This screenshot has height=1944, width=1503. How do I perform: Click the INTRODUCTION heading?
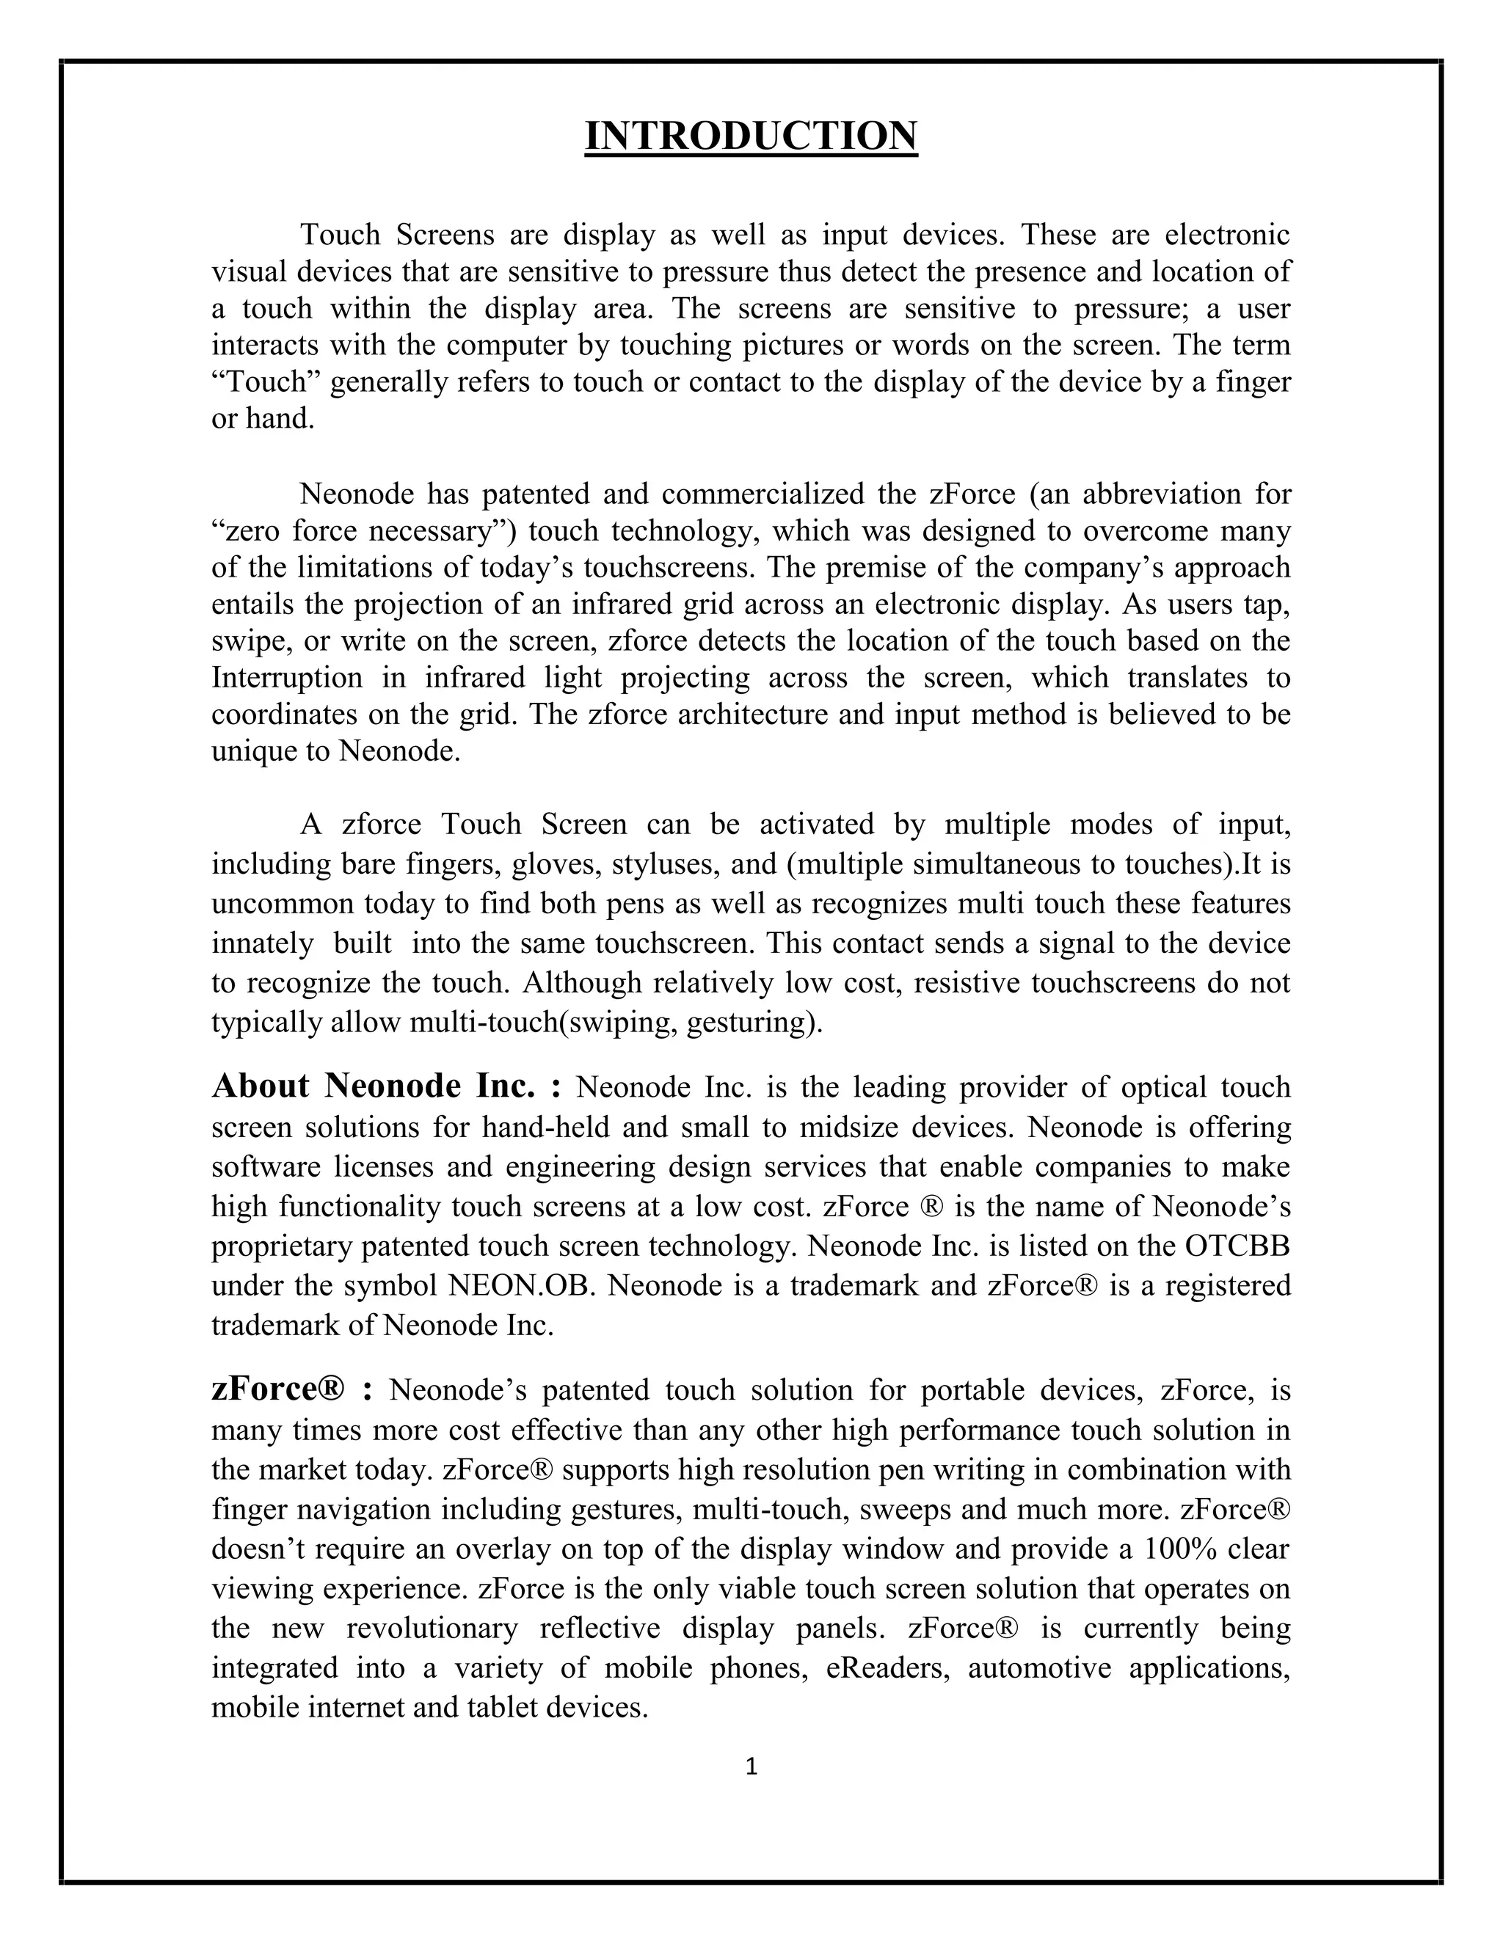coord(751,136)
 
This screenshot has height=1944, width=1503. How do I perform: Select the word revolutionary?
coord(432,1628)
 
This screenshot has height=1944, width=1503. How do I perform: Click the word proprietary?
coord(283,1246)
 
